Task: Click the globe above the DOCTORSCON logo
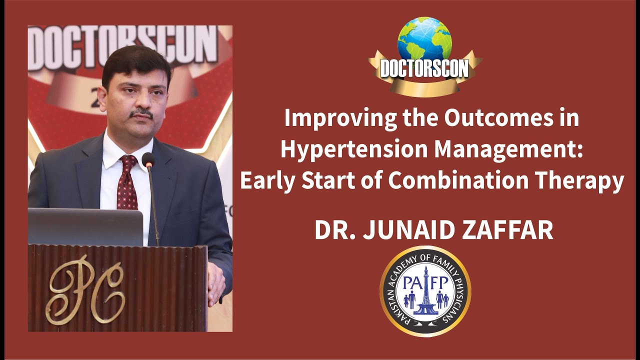coord(424,40)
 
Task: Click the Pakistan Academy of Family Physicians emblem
coord(425,291)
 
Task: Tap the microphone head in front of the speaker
coord(148,160)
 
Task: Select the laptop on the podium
coord(85,226)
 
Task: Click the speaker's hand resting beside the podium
coord(216,282)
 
